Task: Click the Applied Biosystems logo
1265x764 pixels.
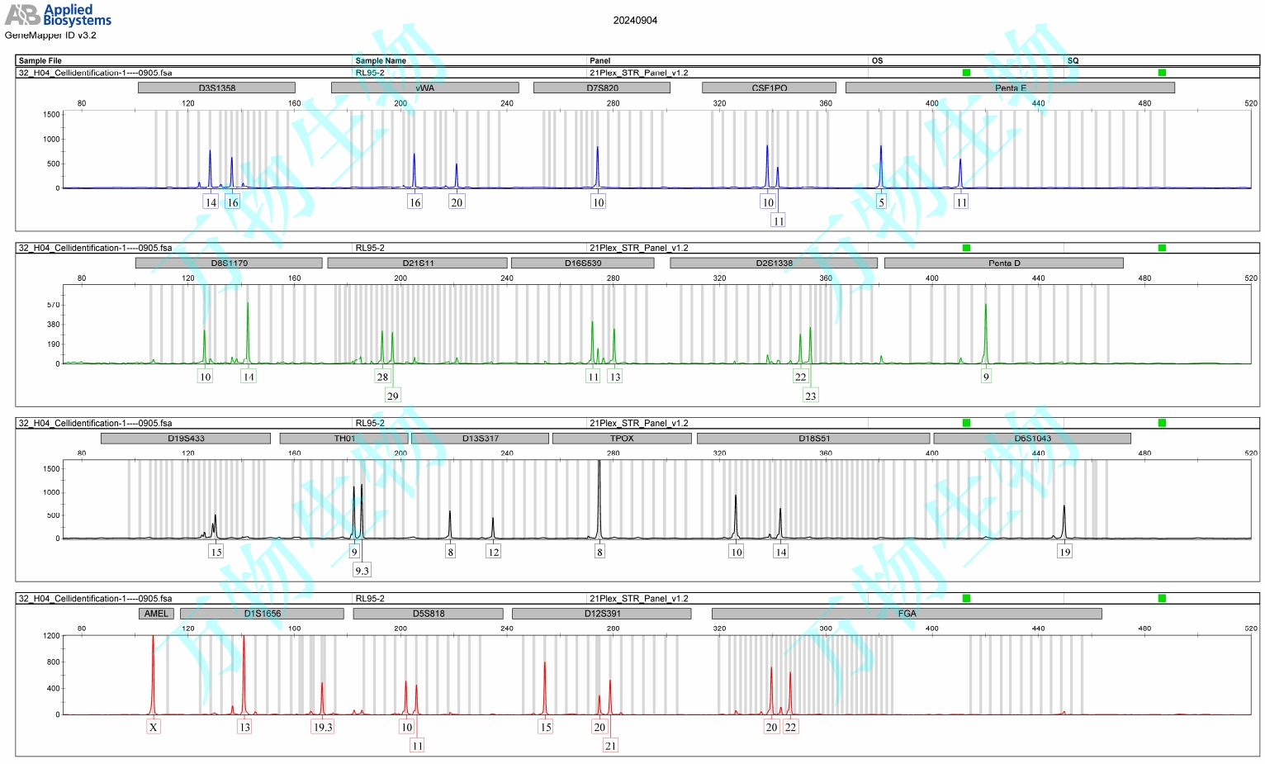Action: click(58, 15)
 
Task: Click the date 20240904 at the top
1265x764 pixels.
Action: click(635, 21)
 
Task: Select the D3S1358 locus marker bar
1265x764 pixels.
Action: click(217, 88)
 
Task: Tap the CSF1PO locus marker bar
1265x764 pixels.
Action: click(769, 88)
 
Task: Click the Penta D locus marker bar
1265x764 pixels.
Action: click(1003, 263)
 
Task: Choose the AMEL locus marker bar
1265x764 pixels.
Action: click(156, 614)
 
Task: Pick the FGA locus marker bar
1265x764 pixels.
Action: click(907, 614)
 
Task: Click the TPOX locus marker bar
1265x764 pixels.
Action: click(622, 439)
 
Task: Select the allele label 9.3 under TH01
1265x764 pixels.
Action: click(362, 571)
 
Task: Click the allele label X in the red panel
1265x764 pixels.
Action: click(154, 728)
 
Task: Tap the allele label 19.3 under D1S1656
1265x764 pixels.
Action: click(322, 728)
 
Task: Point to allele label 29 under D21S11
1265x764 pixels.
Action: click(392, 396)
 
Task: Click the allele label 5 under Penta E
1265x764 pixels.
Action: click(881, 202)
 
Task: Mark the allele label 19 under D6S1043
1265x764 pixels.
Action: click(1064, 552)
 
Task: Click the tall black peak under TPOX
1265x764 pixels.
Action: click(599, 496)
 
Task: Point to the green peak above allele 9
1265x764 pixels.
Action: click(985, 330)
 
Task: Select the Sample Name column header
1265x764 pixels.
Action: click(381, 60)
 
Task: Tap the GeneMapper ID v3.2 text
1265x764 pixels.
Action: click(50, 36)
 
